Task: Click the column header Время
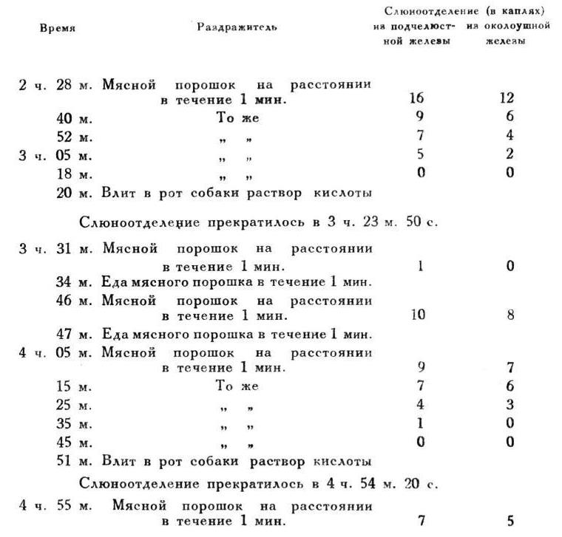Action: [x=57, y=28]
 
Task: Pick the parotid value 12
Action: [x=507, y=98]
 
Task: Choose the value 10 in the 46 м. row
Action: [x=419, y=315]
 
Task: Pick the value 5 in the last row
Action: [x=510, y=521]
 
